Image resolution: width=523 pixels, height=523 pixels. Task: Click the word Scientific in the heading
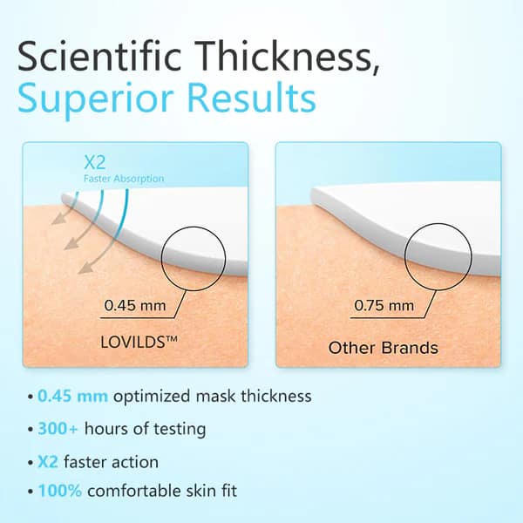coord(99,56)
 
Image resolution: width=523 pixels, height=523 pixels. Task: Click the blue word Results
coord(252,97)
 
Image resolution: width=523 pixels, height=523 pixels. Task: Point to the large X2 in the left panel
coord(95,162)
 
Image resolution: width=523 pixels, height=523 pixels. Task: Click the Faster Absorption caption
coord(124,179)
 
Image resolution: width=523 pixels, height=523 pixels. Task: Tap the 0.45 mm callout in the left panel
coord(135,306)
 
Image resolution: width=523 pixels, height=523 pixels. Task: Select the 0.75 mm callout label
coord(384,306)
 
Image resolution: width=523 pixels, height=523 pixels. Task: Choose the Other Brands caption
coord(384,348)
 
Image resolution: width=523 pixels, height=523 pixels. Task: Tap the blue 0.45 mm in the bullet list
coord(72,397)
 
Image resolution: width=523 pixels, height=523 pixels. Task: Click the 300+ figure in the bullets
coord(58,429)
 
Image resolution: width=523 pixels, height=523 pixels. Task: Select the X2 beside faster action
coord(48,462)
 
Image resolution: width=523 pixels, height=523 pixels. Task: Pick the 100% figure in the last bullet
coord(60,491)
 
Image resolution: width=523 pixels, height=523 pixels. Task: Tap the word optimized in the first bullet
coord(152,397)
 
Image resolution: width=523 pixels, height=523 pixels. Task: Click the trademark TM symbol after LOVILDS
coord(171,338)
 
